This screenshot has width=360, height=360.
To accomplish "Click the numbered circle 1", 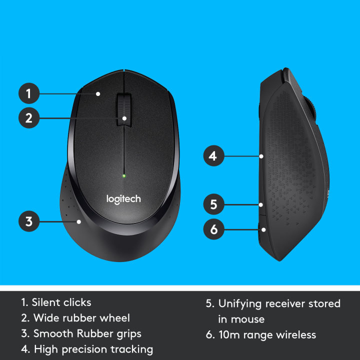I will (29, 93).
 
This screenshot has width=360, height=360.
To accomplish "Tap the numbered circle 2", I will (29, 118).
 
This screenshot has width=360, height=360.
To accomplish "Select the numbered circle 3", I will (29, 221).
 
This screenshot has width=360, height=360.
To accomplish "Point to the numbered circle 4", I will (213, 156).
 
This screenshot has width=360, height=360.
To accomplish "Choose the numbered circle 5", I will (213, 204).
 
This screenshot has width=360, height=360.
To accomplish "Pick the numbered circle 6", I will (213, 229).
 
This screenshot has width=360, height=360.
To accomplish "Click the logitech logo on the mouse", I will (123, 198).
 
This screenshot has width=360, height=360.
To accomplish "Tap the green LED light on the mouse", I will (123, 175).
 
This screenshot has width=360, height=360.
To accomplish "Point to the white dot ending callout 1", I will (98, 93).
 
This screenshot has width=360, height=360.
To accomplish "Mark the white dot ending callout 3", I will (78, 221).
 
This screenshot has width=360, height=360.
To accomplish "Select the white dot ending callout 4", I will (261, 156).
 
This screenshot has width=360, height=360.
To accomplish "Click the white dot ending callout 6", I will (263, 229).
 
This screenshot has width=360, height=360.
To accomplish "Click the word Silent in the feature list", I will (46, 302).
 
